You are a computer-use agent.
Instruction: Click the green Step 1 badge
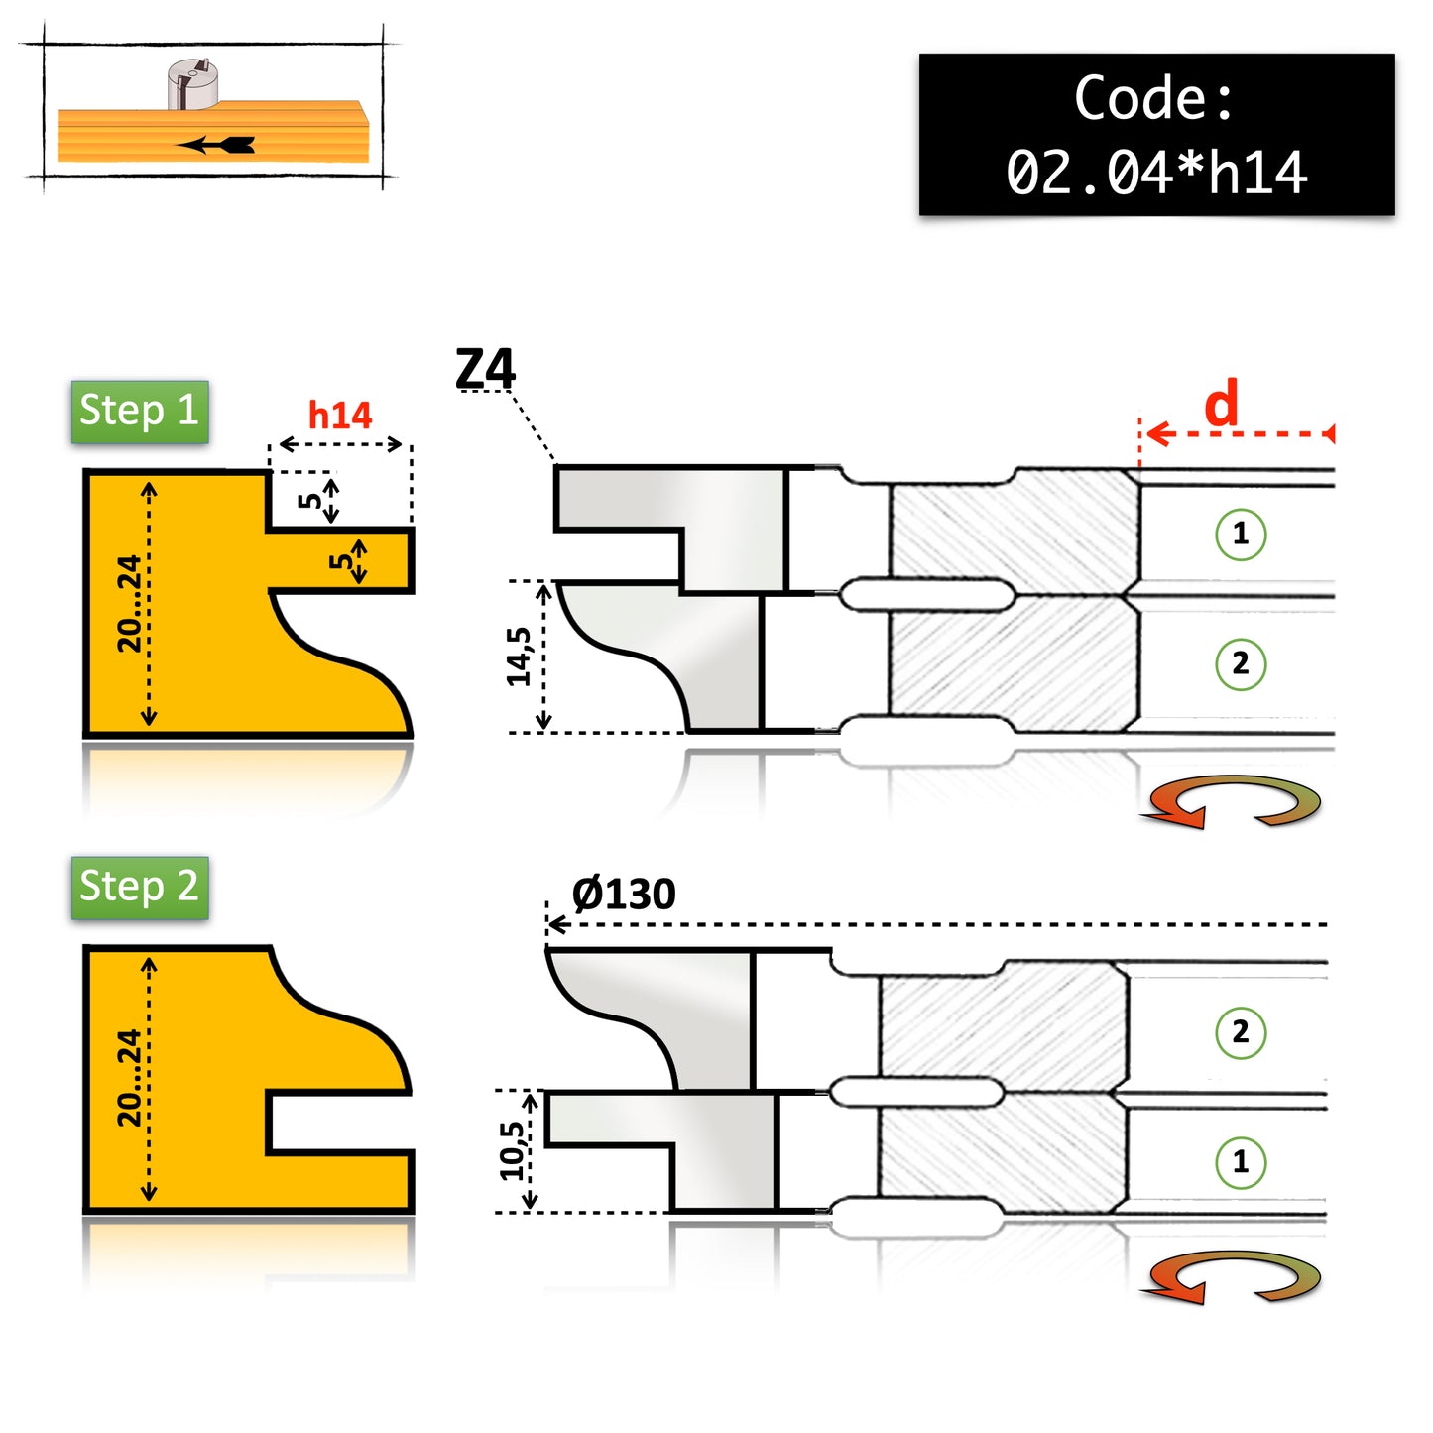point(140,412)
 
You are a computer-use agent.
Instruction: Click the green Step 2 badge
point(140,887)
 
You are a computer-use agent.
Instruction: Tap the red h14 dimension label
point(340,416)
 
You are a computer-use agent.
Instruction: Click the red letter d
point(1221,403)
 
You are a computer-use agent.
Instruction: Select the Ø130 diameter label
point(623,894)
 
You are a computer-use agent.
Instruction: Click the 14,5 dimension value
point(519,656)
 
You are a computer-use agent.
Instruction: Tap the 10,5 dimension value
point(512,1150)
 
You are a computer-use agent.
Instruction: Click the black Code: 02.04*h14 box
point(1156,135)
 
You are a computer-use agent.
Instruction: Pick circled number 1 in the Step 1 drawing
point(1241,534)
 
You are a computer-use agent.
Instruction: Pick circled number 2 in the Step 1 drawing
point(1241,664)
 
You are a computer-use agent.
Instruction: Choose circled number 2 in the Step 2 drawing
point(1241,1032)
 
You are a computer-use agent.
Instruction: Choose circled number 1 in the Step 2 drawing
point(1241,1162)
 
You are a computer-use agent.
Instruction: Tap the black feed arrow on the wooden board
point(215,144)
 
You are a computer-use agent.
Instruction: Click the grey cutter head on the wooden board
point(191,83)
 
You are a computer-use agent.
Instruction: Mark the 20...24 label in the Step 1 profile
point(129,603)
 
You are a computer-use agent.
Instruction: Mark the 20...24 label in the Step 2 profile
point(129,1078)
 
